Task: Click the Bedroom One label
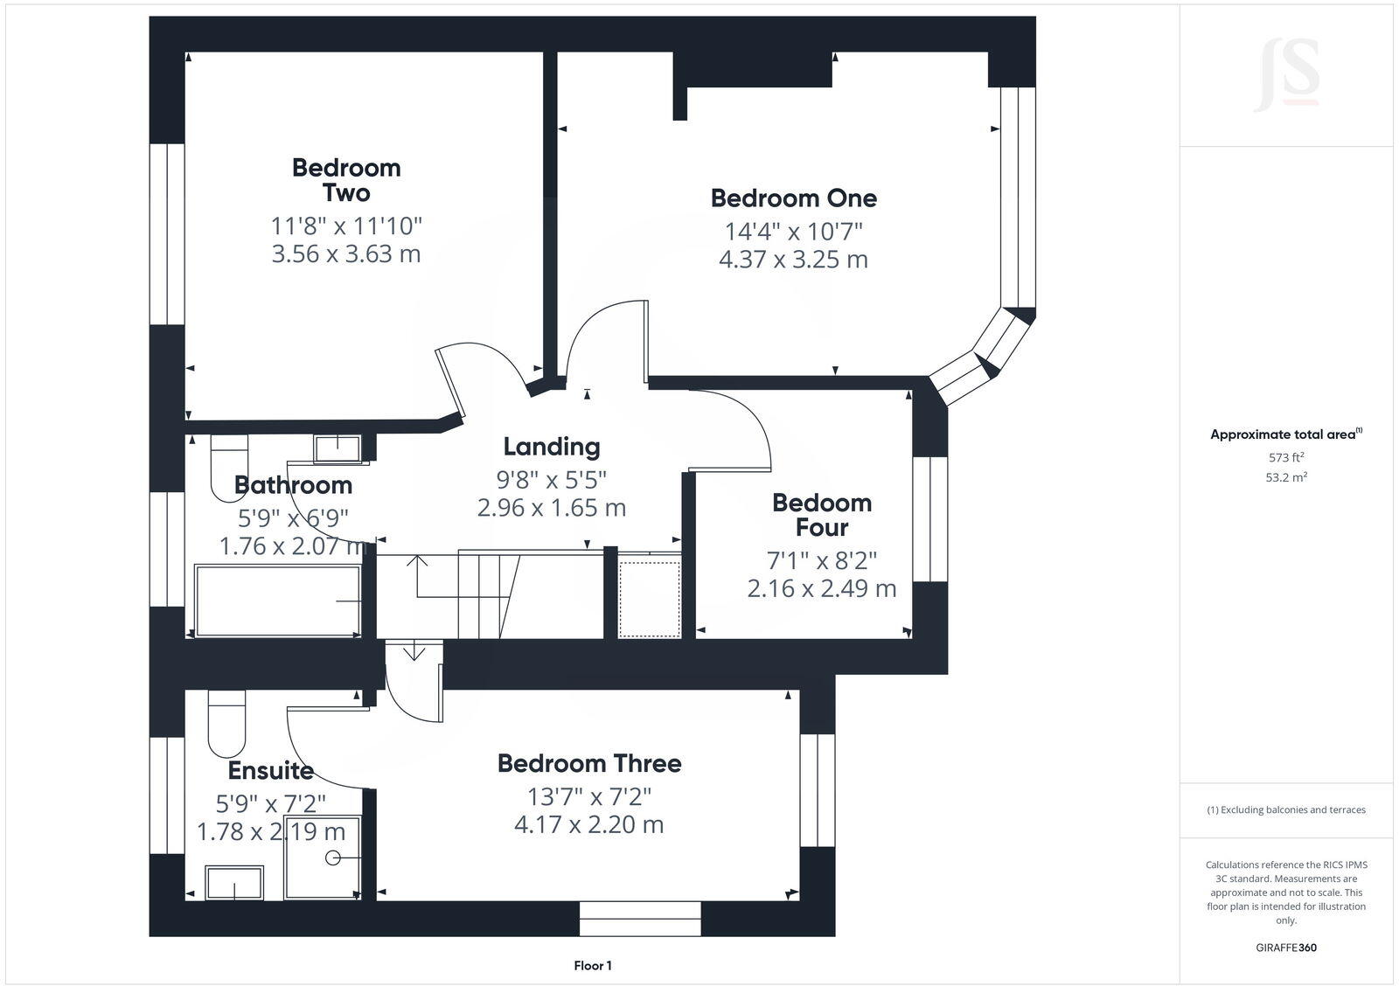(x=793, y=198)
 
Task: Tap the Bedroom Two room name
(x=346, y=180)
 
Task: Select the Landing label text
(x=552, y=447)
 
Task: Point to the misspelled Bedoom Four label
(x=821, y=515)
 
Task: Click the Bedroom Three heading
(x=589, y=763)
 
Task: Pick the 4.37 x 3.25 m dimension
(x=793, y=260)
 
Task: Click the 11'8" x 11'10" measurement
(x=346, y=226)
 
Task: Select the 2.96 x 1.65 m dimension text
(x=552, y=507)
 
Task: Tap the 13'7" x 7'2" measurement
(x=589, y=796)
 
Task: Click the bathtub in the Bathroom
(x=278, y=601)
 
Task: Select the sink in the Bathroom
(x=338, y=448)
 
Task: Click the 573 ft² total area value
(x=1286, y=457)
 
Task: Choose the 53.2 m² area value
(x=1287, y=477)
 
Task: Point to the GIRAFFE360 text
(x=1286, y=948)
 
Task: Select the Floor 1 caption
(x=593, y=966)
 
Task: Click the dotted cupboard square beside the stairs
(x=650, y=599)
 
